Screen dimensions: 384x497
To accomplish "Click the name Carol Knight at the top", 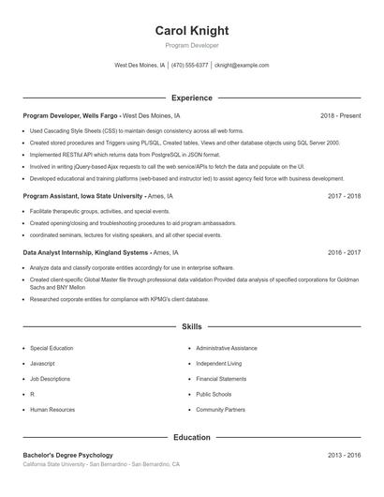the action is click(191, 31).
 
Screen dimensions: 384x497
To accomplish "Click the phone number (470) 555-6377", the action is click(190, 66).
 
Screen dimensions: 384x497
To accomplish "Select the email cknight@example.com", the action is click(242, 66).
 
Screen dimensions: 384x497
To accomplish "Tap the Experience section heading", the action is click(191, 98).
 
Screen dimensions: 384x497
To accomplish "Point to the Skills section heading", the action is click(191, 327).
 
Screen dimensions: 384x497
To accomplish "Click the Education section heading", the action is click(191, 437).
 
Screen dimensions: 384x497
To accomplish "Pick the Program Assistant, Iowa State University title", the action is click(83, 196).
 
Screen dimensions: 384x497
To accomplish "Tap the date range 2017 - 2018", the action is click(344, 196).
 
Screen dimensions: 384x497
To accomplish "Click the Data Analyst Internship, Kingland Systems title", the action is click(85, 252).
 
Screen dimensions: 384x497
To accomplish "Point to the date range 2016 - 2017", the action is click(344, 252).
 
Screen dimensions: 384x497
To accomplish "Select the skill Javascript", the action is click(43, 363).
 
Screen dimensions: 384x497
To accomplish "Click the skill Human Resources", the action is click(52, 410).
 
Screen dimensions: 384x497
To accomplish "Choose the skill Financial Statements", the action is click(221, 379).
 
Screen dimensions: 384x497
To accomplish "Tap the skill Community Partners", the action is click(221, 410).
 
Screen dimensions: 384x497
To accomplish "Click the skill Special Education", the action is click(52, 348).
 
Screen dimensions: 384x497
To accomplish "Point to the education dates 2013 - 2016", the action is click(344, 455).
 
